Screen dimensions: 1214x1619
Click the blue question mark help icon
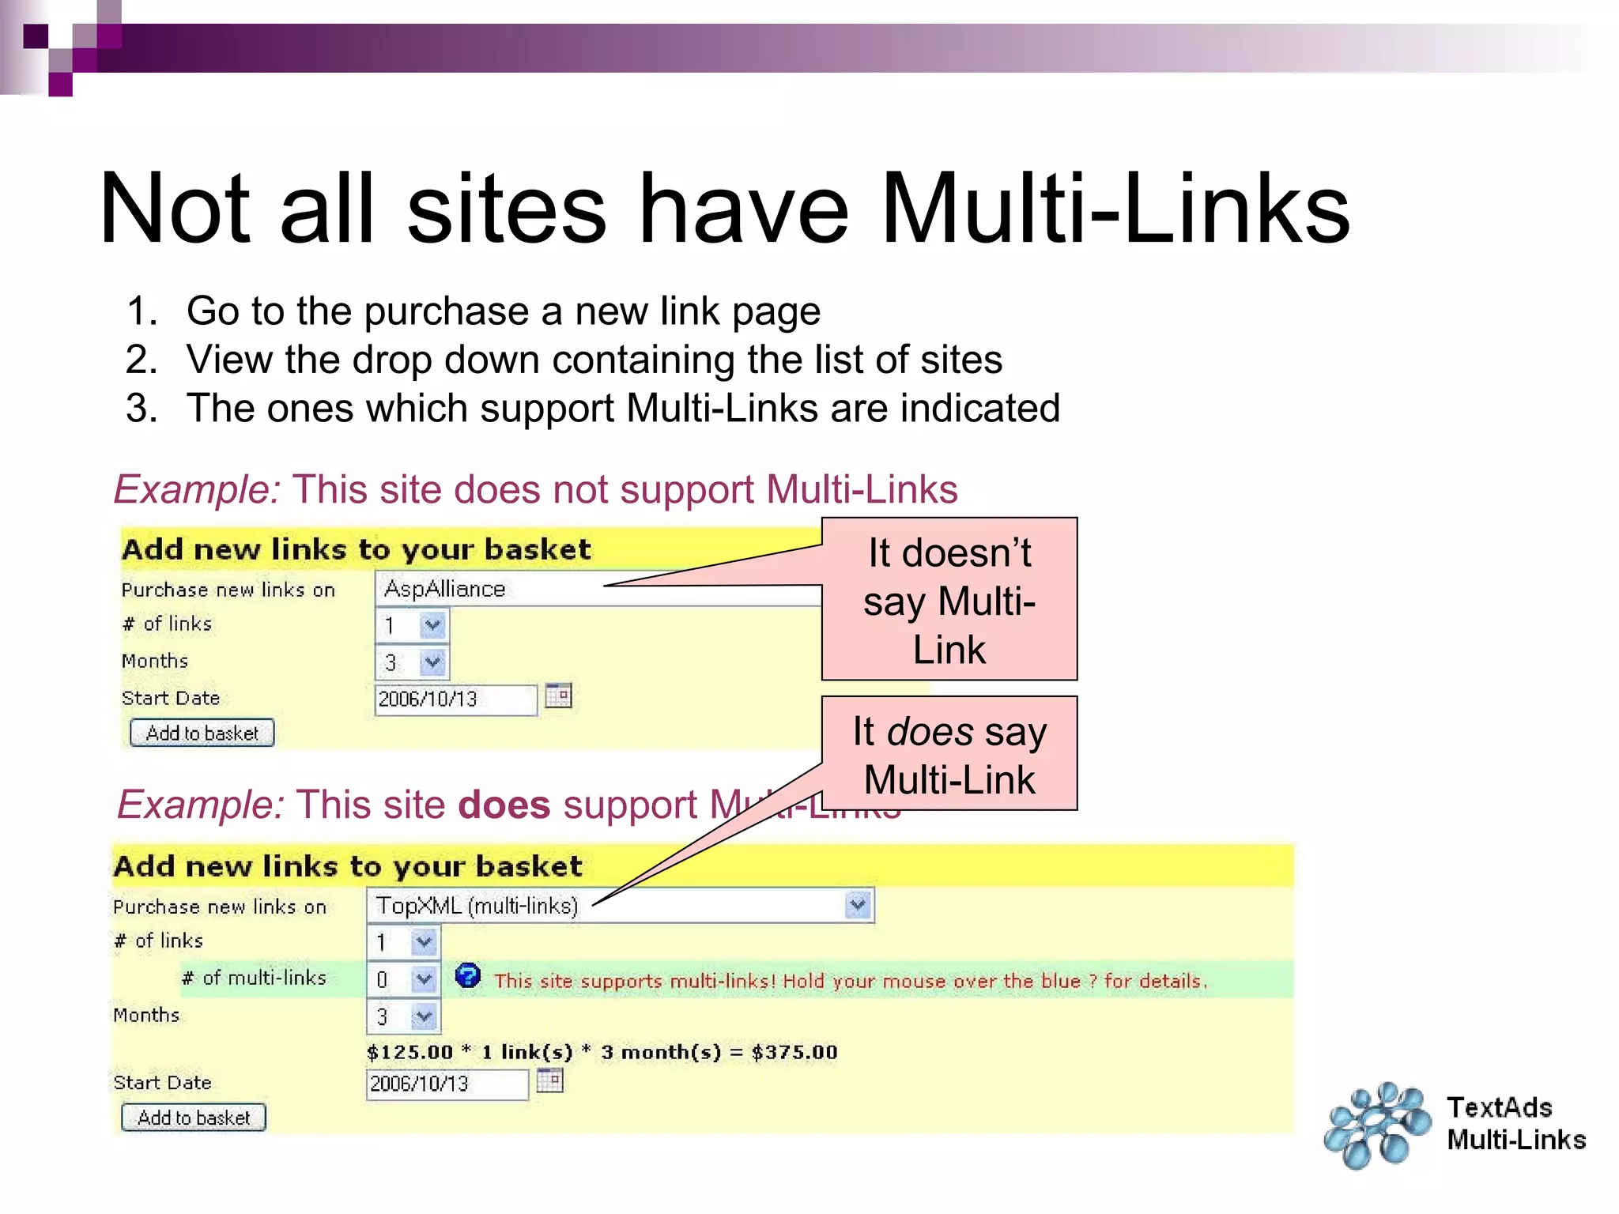coord(467,976)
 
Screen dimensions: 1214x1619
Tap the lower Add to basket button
coord(194,1118)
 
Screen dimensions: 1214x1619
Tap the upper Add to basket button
coord(202,733)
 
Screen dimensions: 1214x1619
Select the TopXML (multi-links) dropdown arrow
coord(858,904)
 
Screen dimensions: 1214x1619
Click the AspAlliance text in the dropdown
coord(444,589)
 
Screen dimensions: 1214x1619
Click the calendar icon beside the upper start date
coord(558,696)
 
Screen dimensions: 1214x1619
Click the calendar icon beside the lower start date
coord(549,1080)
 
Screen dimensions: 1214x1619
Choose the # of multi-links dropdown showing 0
coord(403,979)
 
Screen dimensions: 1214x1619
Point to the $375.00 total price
coord(794,1052)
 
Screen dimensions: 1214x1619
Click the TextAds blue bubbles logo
coord(1377,1125)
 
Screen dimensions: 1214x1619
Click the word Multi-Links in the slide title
coord(1115,209)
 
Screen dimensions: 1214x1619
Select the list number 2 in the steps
coord(142,360)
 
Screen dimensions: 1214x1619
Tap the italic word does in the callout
coord(930,731)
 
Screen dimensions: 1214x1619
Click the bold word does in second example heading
coord(504,805)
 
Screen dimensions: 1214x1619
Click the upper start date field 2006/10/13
coord(455,699)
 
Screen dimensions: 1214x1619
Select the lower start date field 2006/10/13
coord(447,1084)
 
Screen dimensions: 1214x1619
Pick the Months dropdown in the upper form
coord(412,662)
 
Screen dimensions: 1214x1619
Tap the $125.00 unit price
coord(409,1052)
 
